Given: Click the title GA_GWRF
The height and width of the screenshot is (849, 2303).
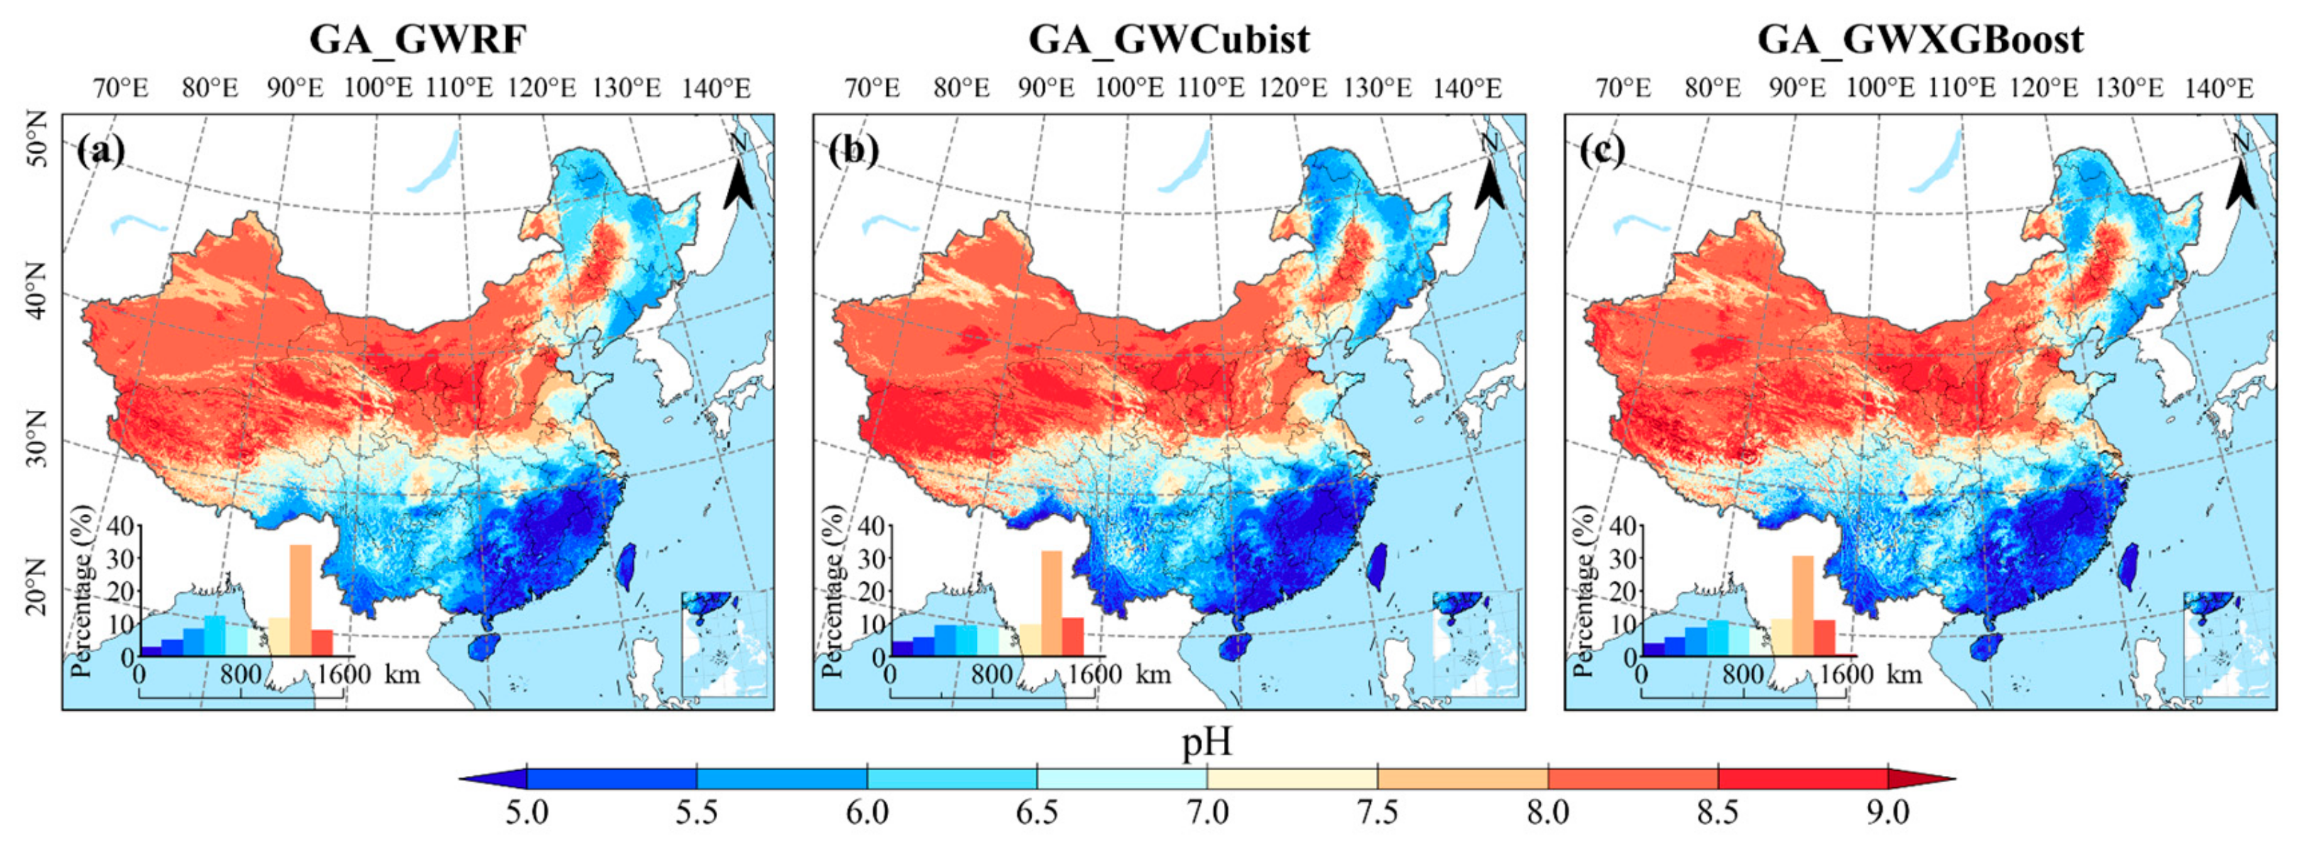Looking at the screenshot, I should pos(417,39).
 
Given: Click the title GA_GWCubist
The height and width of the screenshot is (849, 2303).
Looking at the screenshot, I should pos(1169,39).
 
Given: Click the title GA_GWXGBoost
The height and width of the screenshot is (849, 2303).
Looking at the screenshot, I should pos(1920,39).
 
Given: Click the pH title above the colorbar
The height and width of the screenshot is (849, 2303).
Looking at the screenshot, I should pos(1207,742).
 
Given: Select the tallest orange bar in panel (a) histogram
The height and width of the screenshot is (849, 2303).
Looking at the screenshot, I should pos(300,600).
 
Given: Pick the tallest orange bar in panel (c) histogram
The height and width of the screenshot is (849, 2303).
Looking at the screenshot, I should pos(1803,605).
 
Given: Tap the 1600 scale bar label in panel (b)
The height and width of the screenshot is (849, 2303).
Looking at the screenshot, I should pos(1094,673).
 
